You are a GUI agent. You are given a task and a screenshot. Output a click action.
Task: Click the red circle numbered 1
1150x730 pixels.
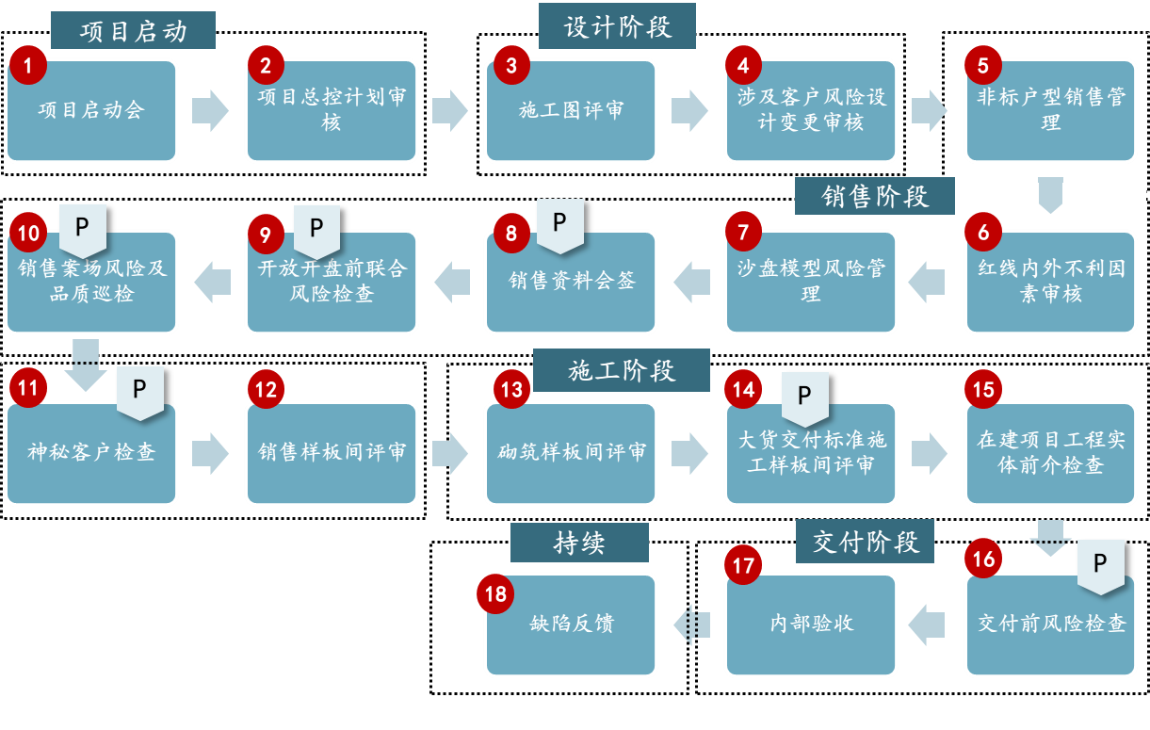[x=28, y=65]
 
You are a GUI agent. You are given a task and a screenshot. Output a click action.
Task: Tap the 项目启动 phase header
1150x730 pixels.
[x=133, y=30]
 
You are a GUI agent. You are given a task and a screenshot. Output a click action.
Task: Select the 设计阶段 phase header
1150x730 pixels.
[x=617, y=25]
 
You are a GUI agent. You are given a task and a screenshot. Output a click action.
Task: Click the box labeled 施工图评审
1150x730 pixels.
[x=571, y=111]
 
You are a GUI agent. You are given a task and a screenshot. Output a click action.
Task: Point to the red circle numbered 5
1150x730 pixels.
[x=983, y=65]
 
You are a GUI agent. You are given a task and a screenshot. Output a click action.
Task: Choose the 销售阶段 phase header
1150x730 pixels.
[x=874, y=196]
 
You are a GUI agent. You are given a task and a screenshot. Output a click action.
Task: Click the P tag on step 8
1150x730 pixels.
[x=559, y=224]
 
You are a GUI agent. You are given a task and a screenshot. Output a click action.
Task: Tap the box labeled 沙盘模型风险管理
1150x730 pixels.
[x=811, y=282]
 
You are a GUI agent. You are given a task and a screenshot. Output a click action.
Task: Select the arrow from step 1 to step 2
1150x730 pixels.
[x=210, y=110]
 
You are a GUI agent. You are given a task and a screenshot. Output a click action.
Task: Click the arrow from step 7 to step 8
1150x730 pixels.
[x=691, y=282]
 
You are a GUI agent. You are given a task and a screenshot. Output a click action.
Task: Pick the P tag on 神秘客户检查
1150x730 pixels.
[x=139, y=391]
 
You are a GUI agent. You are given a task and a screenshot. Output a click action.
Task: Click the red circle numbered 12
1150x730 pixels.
[x=267, y=389]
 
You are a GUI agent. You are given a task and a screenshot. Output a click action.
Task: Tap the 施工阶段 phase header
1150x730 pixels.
[x=621, y=370]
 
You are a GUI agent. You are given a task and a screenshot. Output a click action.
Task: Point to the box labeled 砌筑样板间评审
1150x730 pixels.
[x=571, y=453]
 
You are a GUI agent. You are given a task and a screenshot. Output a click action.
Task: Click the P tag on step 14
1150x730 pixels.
[x=804, y=397]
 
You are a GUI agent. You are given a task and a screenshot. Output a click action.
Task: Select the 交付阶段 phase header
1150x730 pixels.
[x=865, y=542]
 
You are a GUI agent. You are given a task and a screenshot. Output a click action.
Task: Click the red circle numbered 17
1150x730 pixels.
[x=744, y=565]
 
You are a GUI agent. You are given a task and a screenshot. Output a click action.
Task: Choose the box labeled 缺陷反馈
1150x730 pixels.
[x=571, y=625]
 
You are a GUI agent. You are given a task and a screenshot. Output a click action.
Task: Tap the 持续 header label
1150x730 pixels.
[x=579, y=543]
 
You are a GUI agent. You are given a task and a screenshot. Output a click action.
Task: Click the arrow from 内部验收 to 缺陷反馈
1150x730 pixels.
[x=691, y=625]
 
